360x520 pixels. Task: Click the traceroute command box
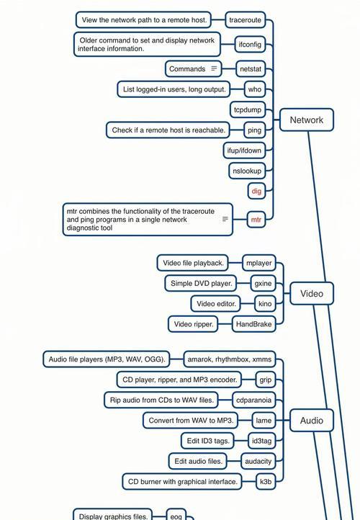246,20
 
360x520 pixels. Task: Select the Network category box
307,120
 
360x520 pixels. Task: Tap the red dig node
256,191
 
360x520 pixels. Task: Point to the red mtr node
256,220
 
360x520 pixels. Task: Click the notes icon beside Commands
214,68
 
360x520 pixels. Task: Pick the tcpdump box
248,109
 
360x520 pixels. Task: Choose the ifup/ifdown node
244,151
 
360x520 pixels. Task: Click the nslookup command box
247,171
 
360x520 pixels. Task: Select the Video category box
312,294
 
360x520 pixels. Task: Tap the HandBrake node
254,324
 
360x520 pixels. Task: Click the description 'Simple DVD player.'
201,284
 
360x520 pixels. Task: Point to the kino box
265,304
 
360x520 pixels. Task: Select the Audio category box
312,421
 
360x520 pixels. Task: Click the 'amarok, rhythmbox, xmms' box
230,359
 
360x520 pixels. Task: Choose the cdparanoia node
254,400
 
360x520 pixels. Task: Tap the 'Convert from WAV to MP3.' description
191,421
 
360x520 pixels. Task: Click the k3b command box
266,482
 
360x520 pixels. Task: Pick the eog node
176,515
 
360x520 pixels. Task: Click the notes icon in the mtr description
225,219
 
